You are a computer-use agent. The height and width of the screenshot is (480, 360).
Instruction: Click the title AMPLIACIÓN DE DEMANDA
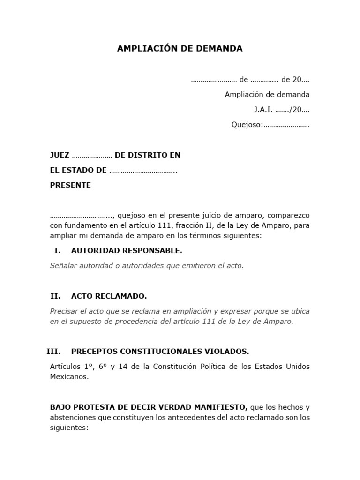[x=180, y=48]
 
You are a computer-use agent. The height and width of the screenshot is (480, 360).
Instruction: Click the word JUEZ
[x=60, y=155]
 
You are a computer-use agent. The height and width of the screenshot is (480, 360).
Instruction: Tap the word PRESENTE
[x=70, y=185]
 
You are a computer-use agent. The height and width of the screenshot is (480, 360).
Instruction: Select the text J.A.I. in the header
[x=263, y=110]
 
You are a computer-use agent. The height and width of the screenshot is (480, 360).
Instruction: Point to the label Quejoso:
[x=247, y=125]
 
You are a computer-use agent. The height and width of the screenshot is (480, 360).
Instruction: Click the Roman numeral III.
[x=53, y=351]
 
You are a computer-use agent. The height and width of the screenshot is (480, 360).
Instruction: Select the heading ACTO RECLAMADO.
[x=109, y=296]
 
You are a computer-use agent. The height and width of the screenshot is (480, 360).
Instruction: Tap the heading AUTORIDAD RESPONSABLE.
[x=127, y=251]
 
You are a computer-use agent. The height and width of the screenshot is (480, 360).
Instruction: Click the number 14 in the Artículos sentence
[x=123, y=366]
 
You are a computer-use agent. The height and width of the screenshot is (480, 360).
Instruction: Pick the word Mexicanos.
[x=69, y=376]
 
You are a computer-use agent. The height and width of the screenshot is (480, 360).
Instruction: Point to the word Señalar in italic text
[x=63, y=266]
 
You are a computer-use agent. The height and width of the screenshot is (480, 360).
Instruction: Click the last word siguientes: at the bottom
[x=69, y=428]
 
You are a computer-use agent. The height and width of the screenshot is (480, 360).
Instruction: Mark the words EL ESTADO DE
[x=78, y=170]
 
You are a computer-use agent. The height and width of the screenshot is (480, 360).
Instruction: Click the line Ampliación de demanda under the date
[x=267, y=94]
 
